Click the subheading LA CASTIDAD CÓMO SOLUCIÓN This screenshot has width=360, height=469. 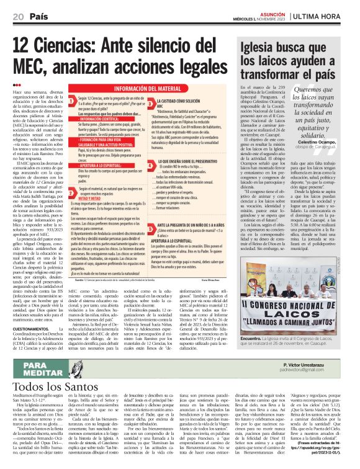coord(186,100)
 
